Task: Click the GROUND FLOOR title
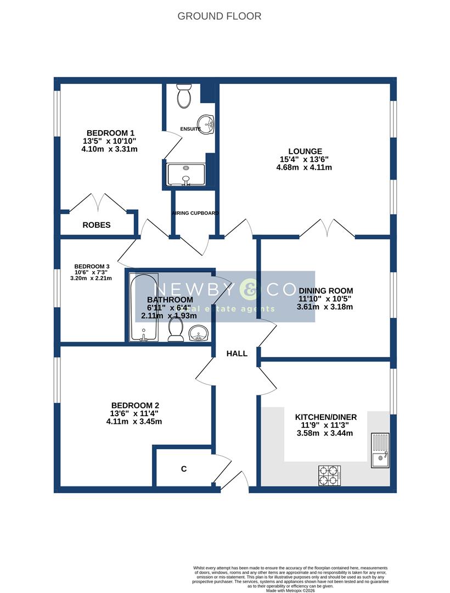click(x=219, y=16)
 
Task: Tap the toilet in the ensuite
click(x=183, y=96)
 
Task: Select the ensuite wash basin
click(x=206, y=123)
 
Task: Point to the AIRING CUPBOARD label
click(x=195, y=213)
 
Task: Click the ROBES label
click(x=97, y=225)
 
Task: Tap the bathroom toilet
click(x=176, y=329)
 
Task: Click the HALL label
click(x=237, y=354)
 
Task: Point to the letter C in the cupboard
click(x=184, y=469)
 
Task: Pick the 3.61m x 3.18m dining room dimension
click(x=324, y=307)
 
